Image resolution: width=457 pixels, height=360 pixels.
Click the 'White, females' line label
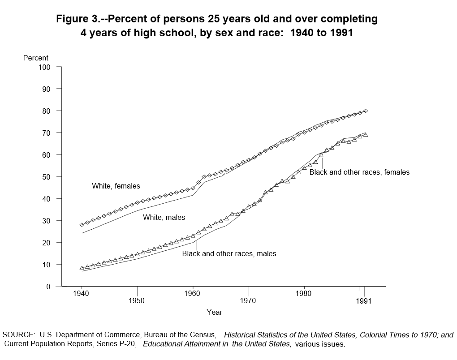(116, 186)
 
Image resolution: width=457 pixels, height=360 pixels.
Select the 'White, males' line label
(164, 217)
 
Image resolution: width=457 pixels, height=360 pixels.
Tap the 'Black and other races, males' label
(229, 254)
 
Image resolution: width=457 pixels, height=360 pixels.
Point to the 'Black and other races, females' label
(359, 172)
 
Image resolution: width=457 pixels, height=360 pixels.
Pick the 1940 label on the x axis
(82, 294)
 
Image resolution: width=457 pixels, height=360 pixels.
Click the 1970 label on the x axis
(248, 300)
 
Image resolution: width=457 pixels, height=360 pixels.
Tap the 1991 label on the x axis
(363, 301)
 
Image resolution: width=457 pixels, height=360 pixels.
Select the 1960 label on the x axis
(193, 294)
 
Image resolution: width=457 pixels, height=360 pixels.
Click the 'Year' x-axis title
(214, 312)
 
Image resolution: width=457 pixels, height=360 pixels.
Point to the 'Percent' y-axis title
(35, 58)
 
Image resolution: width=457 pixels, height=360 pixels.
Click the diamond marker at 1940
(82, 225)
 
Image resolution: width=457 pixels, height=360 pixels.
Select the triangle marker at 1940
(82, 268)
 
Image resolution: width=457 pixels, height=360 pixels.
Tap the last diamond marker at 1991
(366, 111)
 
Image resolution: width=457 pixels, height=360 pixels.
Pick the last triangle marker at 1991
(366, 134)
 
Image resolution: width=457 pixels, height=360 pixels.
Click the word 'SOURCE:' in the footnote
(18, 335)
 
